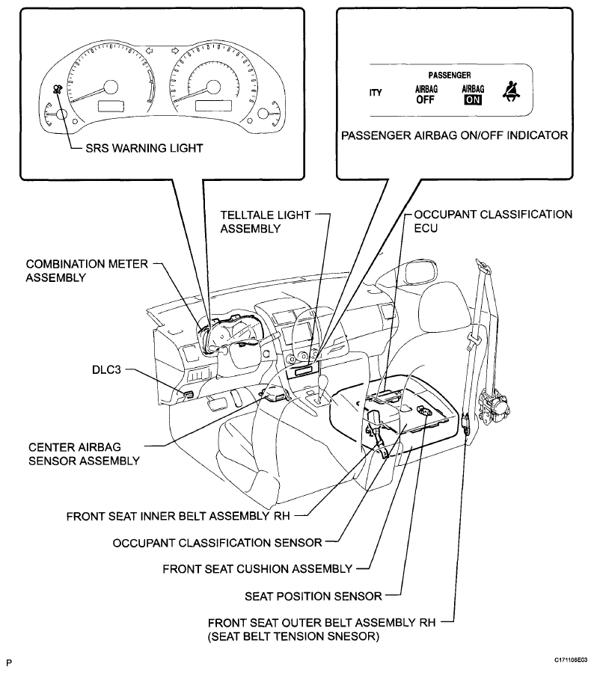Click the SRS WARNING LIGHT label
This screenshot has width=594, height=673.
click(x=144, y=148)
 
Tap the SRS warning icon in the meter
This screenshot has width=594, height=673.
click(x=57, y=89)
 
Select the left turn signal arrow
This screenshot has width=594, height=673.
click(x=150, y=51)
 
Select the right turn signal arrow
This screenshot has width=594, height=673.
click(x=175, y=51)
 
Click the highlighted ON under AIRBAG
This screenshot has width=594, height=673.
click(x=473, y=100)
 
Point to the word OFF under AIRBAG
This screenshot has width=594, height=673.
click(x=425, y=100)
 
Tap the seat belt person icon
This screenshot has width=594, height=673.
click(x=511, y=92)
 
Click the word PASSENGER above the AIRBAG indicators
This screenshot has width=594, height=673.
click(x=450, y=76)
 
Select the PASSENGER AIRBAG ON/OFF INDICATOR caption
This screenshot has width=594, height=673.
click(x=454, y=135)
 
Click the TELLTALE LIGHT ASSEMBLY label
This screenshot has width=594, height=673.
click(x=265, y=221)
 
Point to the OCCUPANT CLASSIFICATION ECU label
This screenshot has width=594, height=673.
click(x=493, y=221)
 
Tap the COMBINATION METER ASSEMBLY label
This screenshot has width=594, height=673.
click(x=86, y=271)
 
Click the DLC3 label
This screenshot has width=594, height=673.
click(x=106, y=369)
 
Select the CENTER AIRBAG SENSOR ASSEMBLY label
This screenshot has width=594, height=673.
click(x=85, y=454)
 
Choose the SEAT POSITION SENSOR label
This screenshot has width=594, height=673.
click(x=313, y=596)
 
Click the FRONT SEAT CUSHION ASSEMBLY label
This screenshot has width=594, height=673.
click(x=257, y=569)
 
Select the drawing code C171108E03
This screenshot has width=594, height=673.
click(x=571, y=660)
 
